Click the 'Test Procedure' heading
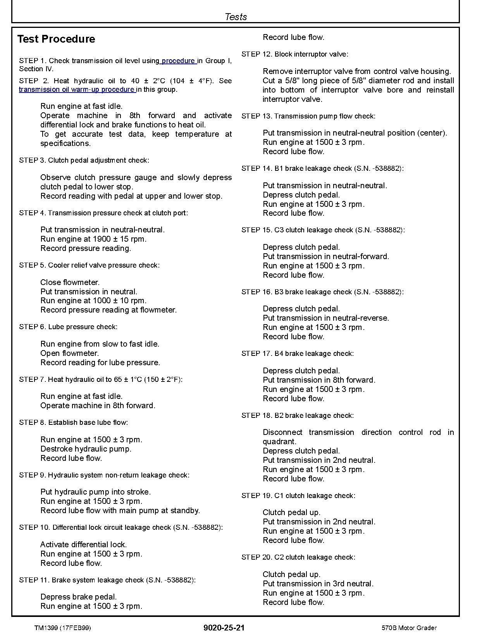pos(56,39)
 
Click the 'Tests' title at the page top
pos(236,17)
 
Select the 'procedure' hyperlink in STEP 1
pos(179,61)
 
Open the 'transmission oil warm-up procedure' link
pos(77,89)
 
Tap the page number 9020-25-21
pos(224,628)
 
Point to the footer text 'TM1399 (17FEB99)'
pos(63,628)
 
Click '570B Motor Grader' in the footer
pos(409,628)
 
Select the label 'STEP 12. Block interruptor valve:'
pos(295,54)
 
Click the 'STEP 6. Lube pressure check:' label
pos(68,327)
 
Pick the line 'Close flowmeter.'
pos(70,282)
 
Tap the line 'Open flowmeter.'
pos(70,353)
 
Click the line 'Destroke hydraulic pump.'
pos(86,449)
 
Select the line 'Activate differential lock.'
pos(84,545)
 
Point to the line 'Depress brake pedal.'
pos(79,597)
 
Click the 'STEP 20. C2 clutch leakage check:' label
pos(298,557)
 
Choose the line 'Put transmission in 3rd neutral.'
pos(318,584)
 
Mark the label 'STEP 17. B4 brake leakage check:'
pos(298,354)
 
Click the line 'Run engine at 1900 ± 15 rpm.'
pos(93,239)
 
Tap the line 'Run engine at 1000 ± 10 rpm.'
pos(93,301)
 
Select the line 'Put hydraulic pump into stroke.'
pos(96,492)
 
